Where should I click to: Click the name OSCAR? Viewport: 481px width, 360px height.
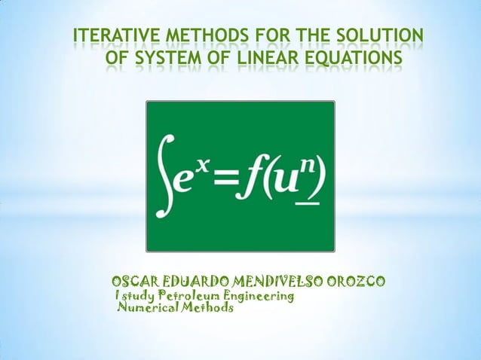[x=135, y=282]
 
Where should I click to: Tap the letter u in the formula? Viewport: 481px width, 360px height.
[x=285, y=181]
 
